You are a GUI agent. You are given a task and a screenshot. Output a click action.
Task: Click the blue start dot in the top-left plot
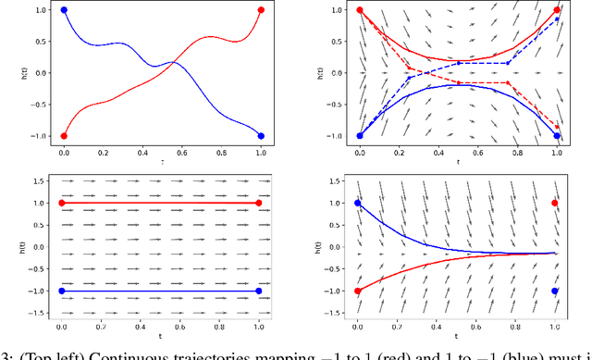click(x=63, y=10)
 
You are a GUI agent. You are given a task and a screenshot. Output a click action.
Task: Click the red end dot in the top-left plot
click(x=261, y=10)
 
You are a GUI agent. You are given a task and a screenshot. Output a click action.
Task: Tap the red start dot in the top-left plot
click(x=63, y=135)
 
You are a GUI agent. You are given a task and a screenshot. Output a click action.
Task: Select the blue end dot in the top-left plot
click(x=261, y=135)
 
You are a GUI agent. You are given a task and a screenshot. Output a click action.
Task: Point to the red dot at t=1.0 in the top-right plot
click(x=558, y=10)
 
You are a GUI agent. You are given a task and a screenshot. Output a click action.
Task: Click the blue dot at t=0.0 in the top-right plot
click(x=360, y=135)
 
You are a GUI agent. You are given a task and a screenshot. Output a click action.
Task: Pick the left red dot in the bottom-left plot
click(x=61, y=203)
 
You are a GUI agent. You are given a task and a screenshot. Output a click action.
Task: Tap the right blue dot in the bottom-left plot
click(x=258, y=291)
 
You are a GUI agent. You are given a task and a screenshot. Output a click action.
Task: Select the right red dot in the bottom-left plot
click(x=258, y=203)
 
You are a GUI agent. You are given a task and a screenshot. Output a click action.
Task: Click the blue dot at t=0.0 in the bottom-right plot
click(x=358, y=203)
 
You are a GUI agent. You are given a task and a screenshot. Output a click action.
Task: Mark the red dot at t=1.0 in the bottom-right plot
click(x=555, y=203)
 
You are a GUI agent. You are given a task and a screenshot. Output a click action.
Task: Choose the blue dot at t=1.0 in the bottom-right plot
click(x=555, y=291)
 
